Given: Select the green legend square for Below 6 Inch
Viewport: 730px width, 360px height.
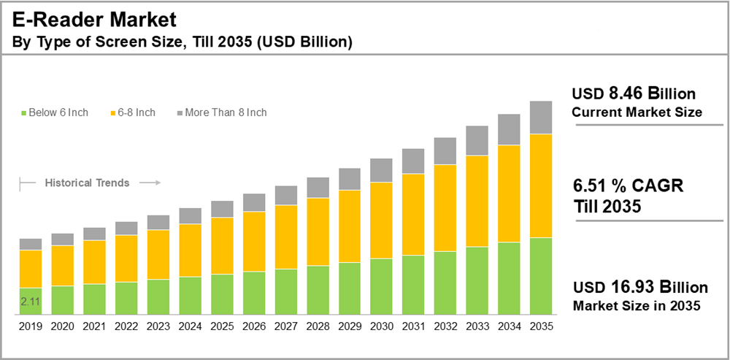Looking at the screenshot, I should coord(24,113).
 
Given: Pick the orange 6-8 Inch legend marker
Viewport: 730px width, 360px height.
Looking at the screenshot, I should coord(113,113).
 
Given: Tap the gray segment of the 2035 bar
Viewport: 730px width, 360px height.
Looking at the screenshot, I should coord(540,118).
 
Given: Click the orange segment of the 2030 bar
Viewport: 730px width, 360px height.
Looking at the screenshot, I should coord(382,220).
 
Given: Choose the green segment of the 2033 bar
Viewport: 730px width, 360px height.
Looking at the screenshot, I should coord(477,280).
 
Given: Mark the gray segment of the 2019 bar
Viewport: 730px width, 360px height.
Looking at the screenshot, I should coord(30,244).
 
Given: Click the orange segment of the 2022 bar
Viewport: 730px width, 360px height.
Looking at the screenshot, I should coord(126,258).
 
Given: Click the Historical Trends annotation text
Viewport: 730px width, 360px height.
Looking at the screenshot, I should coord(87,183).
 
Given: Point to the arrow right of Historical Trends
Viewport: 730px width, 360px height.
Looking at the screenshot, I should coord(150,183).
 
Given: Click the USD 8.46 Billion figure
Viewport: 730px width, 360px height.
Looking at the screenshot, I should coord(634,94).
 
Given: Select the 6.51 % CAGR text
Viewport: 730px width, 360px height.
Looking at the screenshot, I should coord(628,187).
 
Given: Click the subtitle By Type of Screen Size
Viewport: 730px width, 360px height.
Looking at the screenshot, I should coord(182,42).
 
